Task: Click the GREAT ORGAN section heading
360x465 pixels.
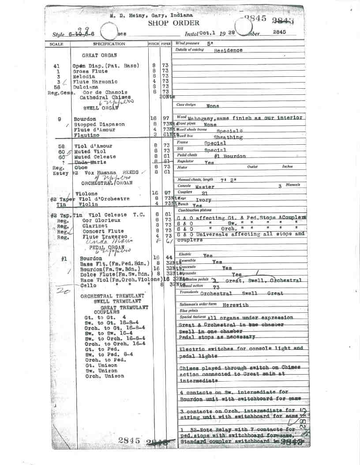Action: point(99,56)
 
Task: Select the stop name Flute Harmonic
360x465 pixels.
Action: point(95,82)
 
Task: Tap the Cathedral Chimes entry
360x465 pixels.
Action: point(105,97)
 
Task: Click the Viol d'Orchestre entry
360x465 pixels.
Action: point(101,199)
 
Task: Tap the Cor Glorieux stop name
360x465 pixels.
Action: point(101,220)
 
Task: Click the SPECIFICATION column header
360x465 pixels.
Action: point(109,45)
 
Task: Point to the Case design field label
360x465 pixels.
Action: point(186,105)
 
